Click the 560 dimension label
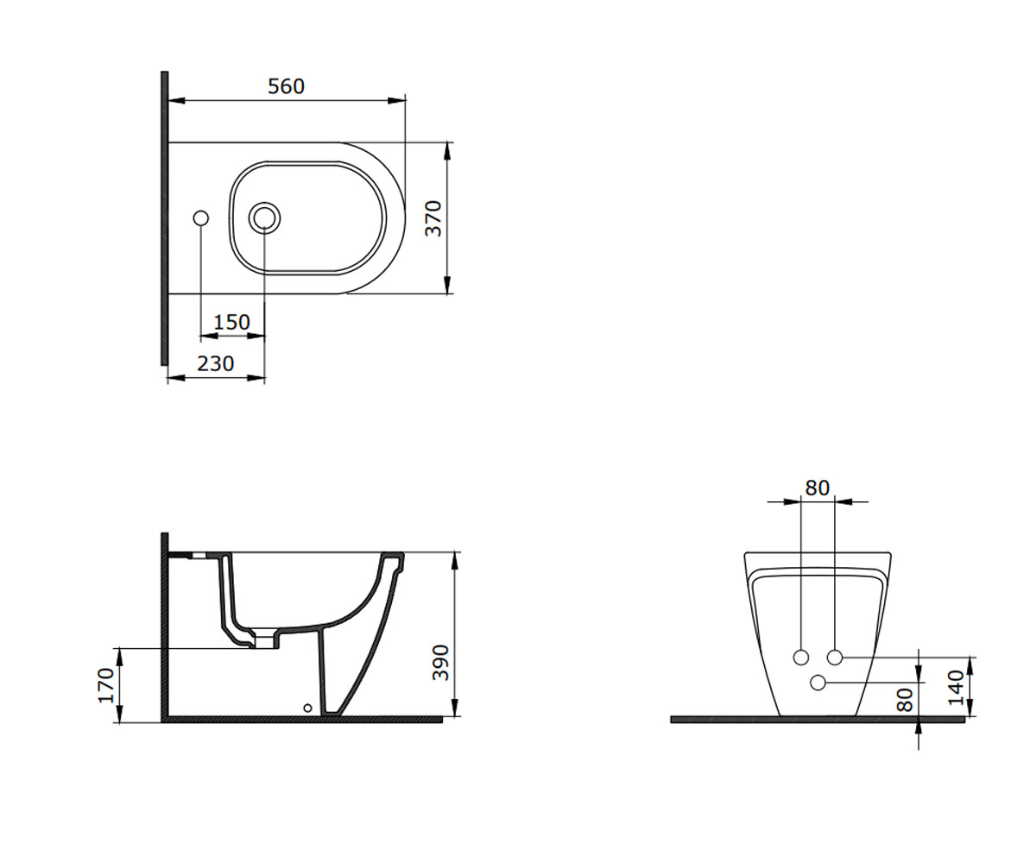(x=286, y=86)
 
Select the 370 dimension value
(x=433, y=218)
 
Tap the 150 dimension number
(x=231, y=323)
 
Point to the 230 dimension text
(x=215, y=363)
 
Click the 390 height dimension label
(x=440, y=663)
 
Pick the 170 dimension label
(x=106, y=685)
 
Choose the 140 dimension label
(x=956, y=688)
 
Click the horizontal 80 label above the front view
(x=818, y=488)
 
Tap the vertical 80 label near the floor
(x=905, y=700)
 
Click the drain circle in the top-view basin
(x=264, y=218)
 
